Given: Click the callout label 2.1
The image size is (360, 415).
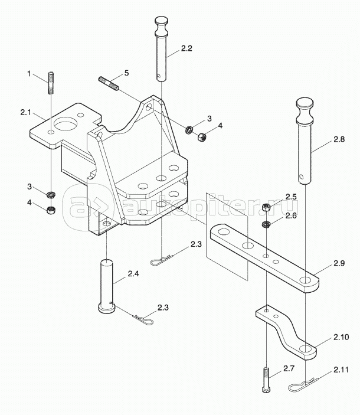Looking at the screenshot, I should pyautogui.click(x=25, y=112).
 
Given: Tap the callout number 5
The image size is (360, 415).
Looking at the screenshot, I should pyautogui.click(x=126, y=74).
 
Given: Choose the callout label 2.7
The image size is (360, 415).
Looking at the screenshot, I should pyautogui.click(x=288, y=368).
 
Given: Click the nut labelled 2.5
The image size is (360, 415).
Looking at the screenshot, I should pyautogui.click(x=266, y=207).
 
